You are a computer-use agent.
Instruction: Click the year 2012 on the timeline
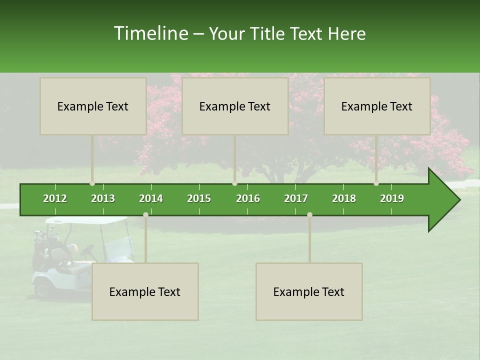[x=55, y=198]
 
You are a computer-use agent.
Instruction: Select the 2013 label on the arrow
[x=103, y=198]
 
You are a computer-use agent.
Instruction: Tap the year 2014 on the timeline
[x=151, y=198]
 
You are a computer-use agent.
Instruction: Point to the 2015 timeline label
[x=199, y=198]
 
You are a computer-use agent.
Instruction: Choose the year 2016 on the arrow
[x=248, y=198]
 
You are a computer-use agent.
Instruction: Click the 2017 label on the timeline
[x=296, y=198]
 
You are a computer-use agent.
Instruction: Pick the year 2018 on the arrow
[x=344, y=198]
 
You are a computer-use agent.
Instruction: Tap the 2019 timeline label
[x=392, y=198]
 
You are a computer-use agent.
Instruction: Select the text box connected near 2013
[x=93, y=106]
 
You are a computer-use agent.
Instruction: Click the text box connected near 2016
[x=235, y=106]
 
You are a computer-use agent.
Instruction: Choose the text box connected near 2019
[x=377, y=106]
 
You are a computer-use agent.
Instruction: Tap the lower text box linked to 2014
[x=145, y=291]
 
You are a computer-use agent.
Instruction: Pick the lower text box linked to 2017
[x=309, y=291]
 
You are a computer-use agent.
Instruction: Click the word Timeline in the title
[x=150, y=33]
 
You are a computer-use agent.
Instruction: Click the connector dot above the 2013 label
[x=92, y=183]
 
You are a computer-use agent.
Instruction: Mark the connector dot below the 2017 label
[x=309, y=214]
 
